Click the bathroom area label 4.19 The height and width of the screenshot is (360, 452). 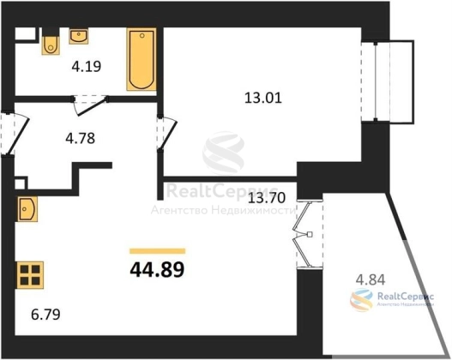(x=87, y=67)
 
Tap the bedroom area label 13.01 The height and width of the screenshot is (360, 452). (x=263, y=98)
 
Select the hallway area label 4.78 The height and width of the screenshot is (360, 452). (x=80, y=138)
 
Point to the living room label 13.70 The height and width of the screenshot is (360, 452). (x=267, y=197)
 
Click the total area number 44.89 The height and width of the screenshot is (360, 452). (x=157, y=269)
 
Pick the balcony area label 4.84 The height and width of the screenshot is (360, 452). (x=371, y=279)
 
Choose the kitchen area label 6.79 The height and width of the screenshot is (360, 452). (x=45, y=315)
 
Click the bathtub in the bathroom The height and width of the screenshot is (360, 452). (x=142, y=59)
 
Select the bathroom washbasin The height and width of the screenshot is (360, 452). (x=78, y=36)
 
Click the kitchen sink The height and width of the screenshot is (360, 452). (x=27, y=209)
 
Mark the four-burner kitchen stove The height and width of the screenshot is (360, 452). (x=30, y=275)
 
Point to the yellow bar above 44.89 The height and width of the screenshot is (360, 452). (x=158, y=251)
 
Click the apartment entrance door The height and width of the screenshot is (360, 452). (x=15, y=135)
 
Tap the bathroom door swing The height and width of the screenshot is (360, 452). (x=90, y=105)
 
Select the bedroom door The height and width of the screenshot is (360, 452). (x=167, y=133)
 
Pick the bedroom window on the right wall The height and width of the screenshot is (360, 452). (x=376, y=81)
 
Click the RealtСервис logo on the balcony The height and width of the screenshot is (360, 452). (x=392, y=299)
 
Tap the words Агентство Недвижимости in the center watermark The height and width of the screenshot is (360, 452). (x=223, y=211)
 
